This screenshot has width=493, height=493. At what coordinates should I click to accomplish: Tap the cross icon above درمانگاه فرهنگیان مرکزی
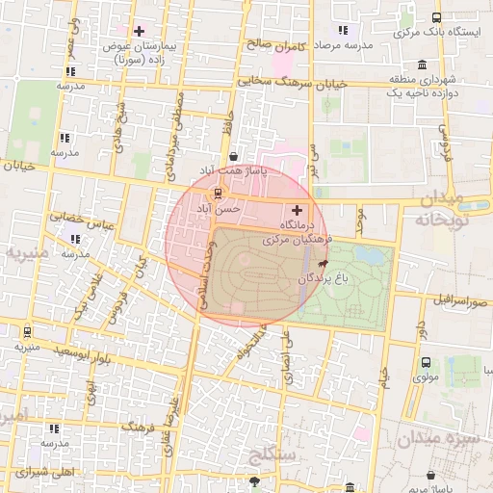pyautogui.click(x=297, y=209)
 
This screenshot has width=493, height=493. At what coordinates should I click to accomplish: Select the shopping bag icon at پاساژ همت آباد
pyautogui.click(x=233, y=157)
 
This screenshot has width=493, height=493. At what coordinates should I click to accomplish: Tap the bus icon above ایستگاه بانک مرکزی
pyautogui.click(x=436, y=17)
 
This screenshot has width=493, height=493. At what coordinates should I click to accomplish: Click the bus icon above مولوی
pyautogui.click(x=426, y=363)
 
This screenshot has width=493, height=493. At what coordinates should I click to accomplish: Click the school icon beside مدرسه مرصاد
pyautogui.click(x=343, y=31)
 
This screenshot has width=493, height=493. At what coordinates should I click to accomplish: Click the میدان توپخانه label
pyautogui.click(x=454, y=209)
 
